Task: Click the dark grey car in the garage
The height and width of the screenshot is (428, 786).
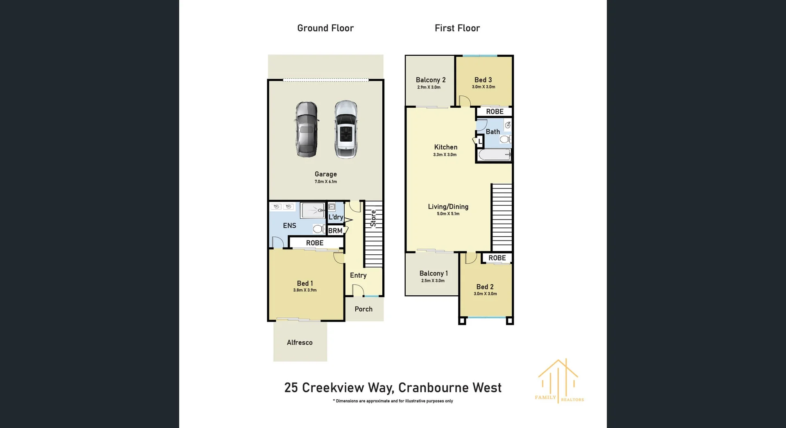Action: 306,129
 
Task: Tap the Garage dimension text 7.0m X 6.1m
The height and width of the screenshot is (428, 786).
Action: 325,181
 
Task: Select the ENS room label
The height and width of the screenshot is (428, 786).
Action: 289,226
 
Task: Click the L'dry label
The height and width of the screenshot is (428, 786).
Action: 336,217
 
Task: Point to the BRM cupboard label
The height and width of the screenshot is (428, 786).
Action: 335,231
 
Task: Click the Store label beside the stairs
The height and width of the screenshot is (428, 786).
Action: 373,218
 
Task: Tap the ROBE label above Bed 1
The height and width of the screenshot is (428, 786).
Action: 314,243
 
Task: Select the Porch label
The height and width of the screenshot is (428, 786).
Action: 364,309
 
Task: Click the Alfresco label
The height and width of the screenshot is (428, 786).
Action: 299,342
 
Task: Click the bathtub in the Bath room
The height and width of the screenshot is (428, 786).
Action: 494,155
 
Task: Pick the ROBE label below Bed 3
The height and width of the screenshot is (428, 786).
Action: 495,111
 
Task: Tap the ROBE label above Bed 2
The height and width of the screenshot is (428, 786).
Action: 497,258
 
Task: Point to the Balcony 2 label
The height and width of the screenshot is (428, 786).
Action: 430,80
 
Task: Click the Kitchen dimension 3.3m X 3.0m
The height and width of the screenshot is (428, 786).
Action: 445,155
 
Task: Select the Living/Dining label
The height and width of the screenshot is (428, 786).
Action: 448,207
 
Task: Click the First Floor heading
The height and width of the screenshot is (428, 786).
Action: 457,28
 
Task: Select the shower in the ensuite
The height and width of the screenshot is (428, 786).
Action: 313,211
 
